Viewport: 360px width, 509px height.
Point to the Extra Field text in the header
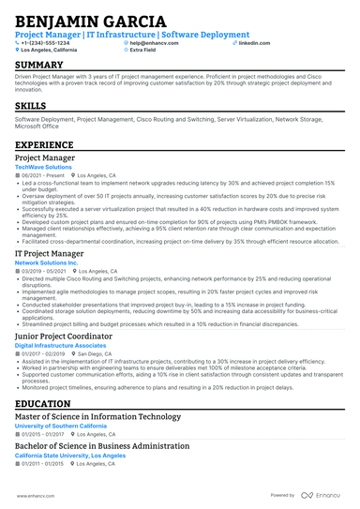(x=143, y=51)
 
